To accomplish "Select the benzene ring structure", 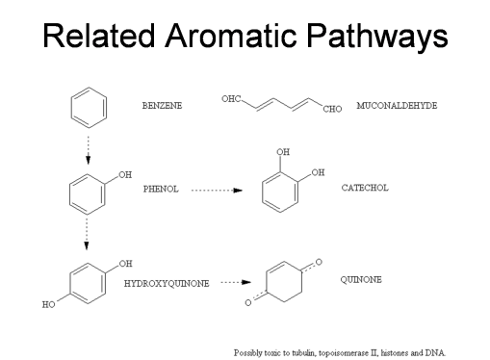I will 88,108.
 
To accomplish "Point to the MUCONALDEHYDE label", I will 397,103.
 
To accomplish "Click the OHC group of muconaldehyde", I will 231,99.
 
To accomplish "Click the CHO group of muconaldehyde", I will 333,110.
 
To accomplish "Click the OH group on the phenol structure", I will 125,175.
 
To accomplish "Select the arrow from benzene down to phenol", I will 88,145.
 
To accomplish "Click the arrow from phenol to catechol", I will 217,190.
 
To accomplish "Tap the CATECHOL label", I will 365,188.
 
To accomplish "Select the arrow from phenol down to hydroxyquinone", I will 87,229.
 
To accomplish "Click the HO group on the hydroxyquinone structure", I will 48,304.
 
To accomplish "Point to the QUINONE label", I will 361,279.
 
